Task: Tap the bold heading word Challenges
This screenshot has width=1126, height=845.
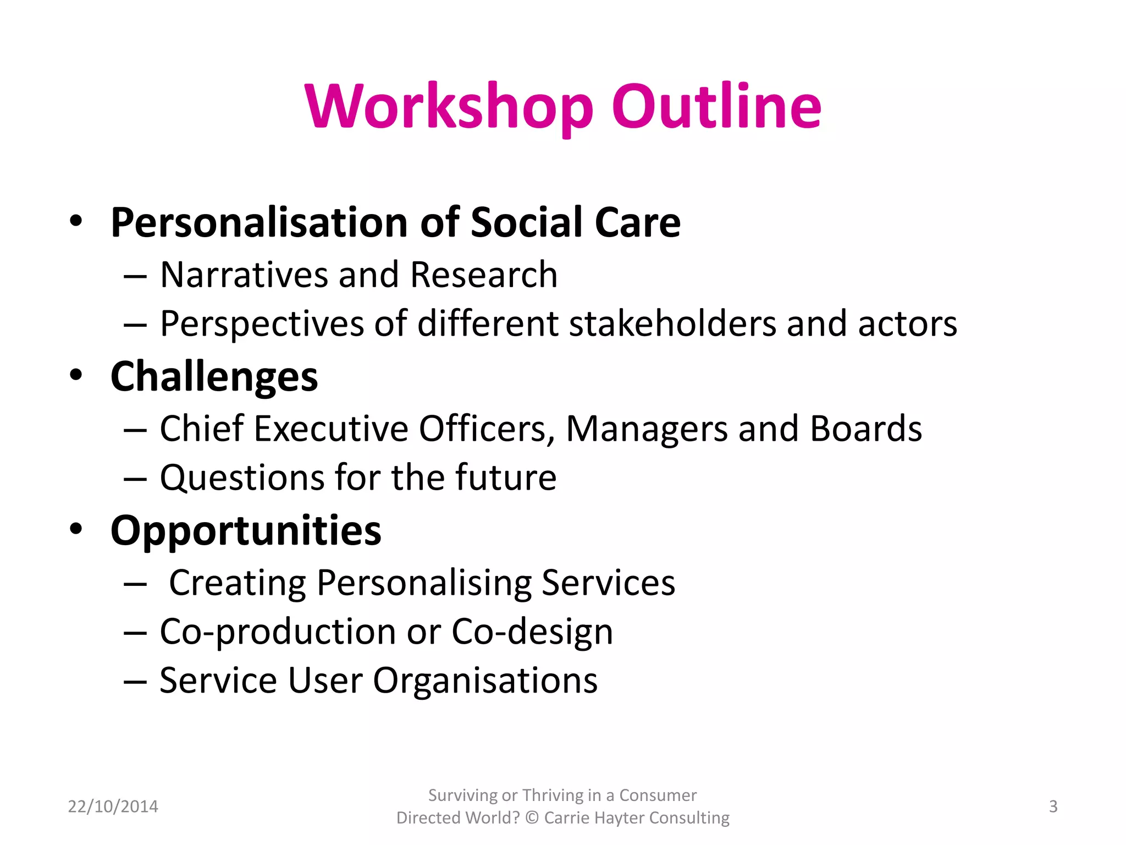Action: (214, 377)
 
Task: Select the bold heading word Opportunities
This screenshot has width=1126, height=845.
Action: (246, 531)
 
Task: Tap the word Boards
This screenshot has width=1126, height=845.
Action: (866, 429)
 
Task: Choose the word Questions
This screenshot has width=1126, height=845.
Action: (242, 478)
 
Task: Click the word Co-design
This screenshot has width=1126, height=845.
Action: (532, 632)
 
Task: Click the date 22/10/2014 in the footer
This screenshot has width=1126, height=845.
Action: (113, 806)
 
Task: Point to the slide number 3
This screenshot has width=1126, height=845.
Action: (1053, 806)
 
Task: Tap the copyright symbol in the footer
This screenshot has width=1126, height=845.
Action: (532, 818)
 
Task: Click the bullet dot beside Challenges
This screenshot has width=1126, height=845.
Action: (76, 375)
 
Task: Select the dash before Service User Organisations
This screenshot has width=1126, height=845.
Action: (135, 682)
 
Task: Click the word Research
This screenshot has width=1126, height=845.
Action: (483, 275)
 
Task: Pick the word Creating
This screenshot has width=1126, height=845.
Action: (238, 583)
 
